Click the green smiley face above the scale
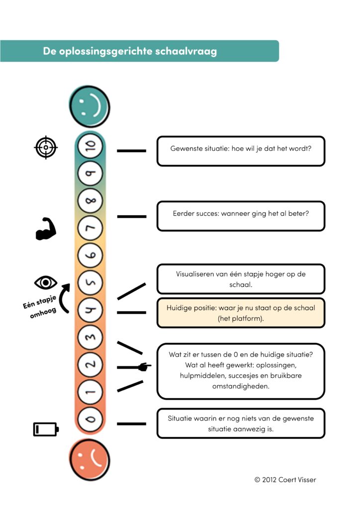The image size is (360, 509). [x=90, y=106]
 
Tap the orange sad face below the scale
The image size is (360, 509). [x=90, y=460]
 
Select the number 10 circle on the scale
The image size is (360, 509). [x=90, y=146]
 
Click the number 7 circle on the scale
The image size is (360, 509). [x=90, y=228]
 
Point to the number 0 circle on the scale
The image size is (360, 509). [x=90, y=419]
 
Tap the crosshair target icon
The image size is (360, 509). [x=46, y=147]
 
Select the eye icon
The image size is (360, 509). [x=46, y=282]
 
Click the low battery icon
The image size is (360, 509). [x=46, y=429]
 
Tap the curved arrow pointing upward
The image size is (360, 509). [x=63, y=299]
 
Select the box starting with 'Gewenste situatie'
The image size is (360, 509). [x=241, y=151]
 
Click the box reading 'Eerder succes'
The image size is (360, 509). [x=241, y=216]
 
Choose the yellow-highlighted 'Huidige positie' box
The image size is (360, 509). [x=241, y=313]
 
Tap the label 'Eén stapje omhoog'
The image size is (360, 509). [x=40, y=307]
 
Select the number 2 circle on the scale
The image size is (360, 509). [x=90, y=364]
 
